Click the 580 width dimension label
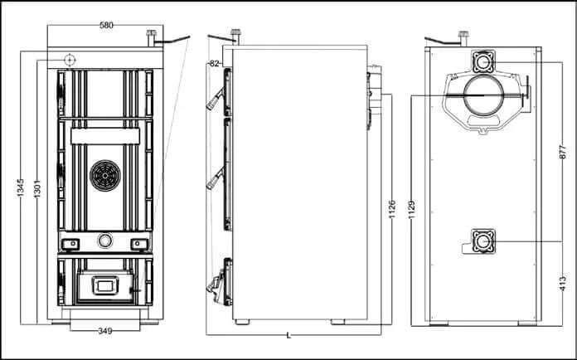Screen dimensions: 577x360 pos(106,26)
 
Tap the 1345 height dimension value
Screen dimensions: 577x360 pos(21,187)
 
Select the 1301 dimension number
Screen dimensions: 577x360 pos(37,188)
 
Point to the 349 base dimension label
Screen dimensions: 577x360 pos(105,331)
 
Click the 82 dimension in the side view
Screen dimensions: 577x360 pos(214,63)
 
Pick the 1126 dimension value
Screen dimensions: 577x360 pos(392,210)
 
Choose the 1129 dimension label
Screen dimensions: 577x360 pos(412,210)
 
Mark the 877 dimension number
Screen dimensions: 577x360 pos(563,152)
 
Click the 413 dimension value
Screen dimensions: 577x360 pos(563,284)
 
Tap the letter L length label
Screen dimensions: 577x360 pos(288,335)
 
